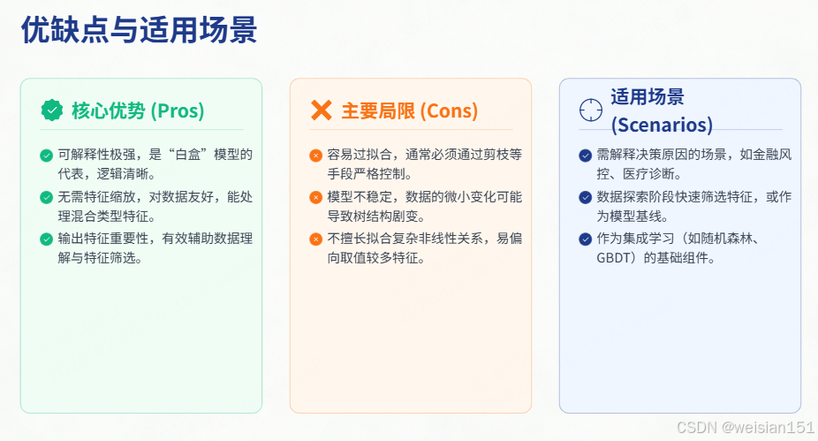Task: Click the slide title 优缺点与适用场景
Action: tap(139, 31)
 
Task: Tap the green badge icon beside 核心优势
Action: tap(52, 110)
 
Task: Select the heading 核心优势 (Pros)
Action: tap(138, 110)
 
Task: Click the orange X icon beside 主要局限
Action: tap(322, 110)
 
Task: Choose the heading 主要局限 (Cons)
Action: tap(410, 110)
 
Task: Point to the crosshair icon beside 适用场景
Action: tap(590, 110)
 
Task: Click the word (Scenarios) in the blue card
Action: tap(662, 125)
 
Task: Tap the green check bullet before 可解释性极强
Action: tap(46, 156)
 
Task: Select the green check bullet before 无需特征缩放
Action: tap(46, 197)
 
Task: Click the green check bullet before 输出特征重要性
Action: tap(46, 239)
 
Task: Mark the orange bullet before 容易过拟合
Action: tap(315, 156)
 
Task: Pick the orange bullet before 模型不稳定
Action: tap(315, 197)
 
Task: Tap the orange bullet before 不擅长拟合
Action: tap(315, 239)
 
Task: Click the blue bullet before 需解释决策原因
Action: tap(585, 156)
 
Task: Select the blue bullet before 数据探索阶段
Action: tap(585, 197)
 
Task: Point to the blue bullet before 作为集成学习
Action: tap(585, 239)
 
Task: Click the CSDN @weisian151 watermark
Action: tap(745, 427)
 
